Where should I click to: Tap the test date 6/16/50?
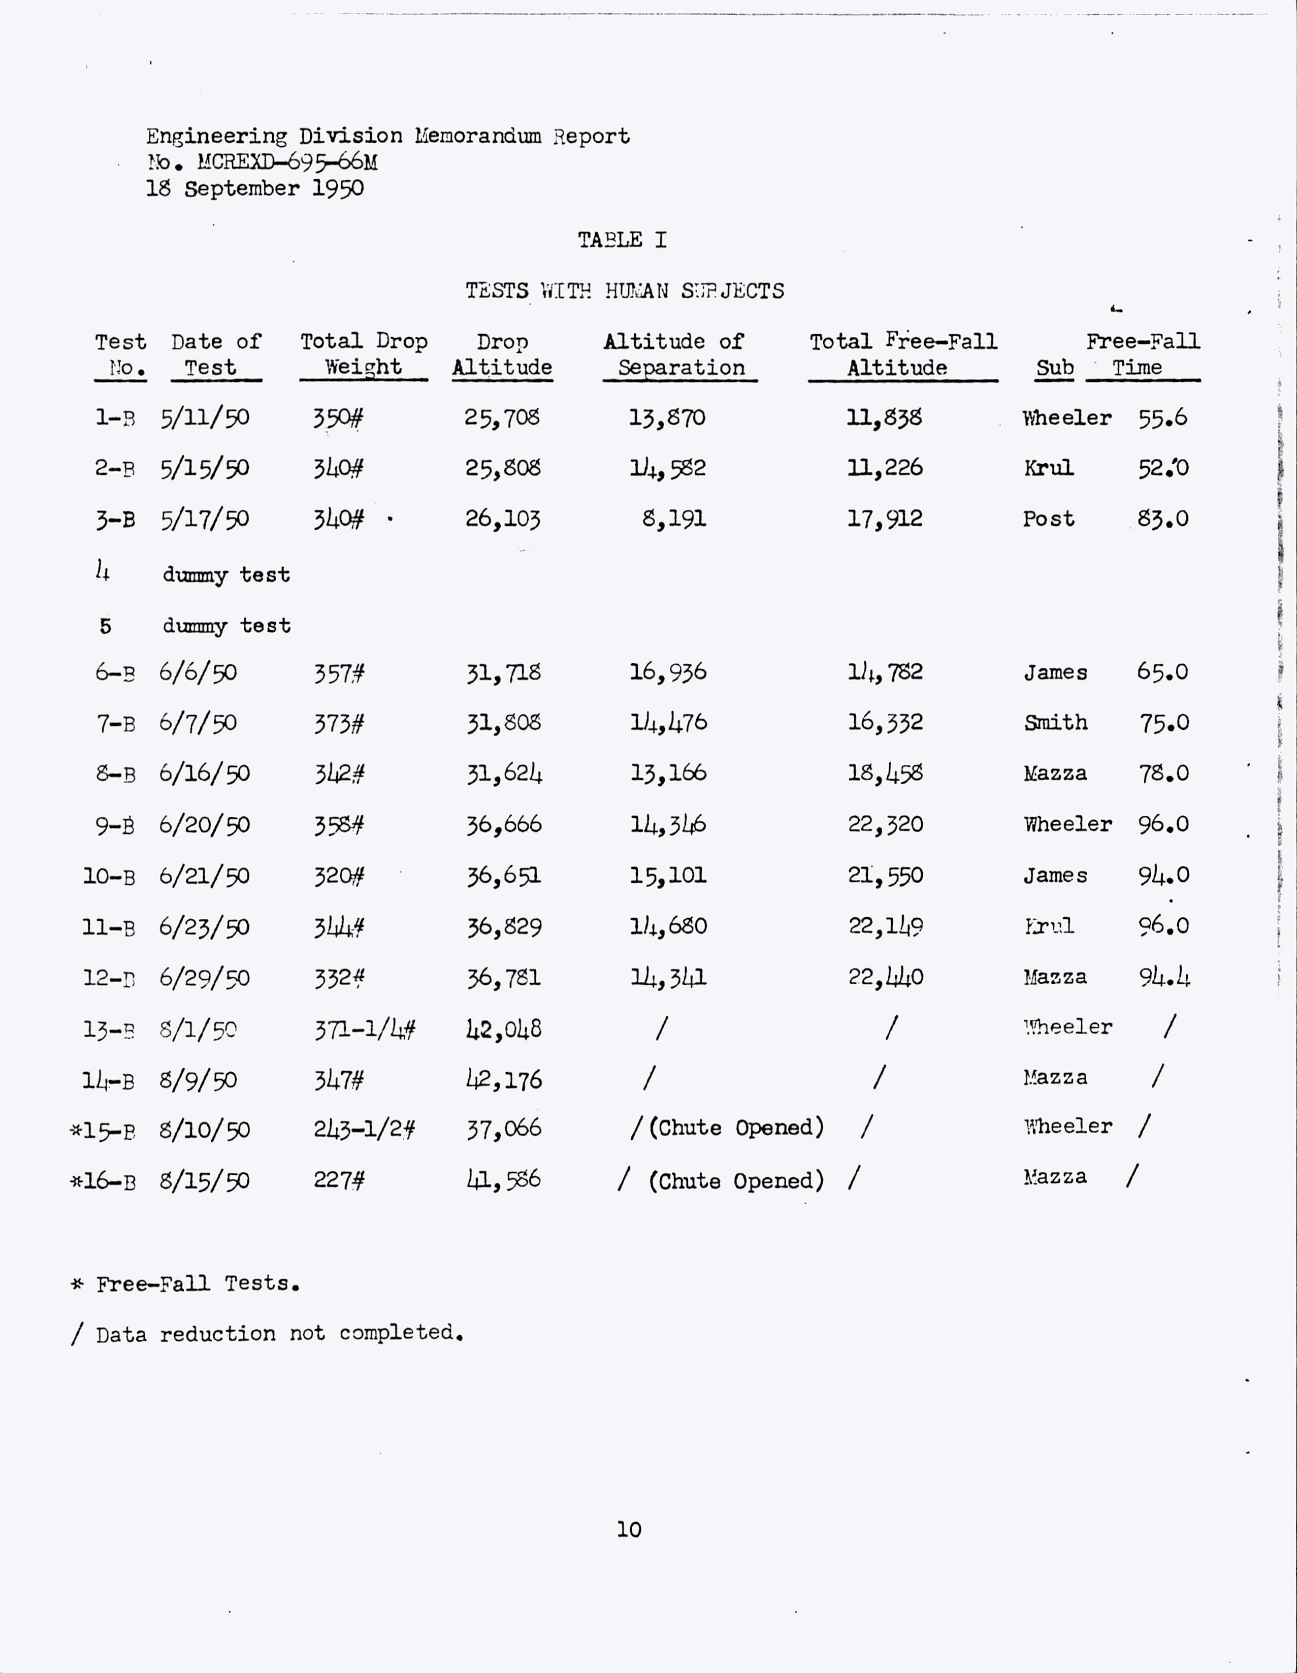click(x=204, y=774)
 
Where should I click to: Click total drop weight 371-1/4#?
click(x=365, y=1029)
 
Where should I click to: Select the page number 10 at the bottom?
click(x=629, y=1530)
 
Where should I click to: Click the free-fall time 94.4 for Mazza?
click(x=1164, y=978)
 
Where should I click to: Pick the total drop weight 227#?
click(x=339, y=1180)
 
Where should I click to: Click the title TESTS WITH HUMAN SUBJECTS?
click(x=624, y=291)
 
